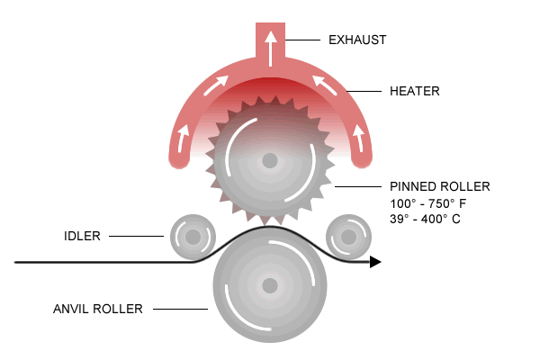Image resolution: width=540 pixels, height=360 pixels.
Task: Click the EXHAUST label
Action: pos(357,40)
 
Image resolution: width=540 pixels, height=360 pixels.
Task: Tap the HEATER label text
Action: pos(414,91)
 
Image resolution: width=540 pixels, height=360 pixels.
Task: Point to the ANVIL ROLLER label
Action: pos(98,309)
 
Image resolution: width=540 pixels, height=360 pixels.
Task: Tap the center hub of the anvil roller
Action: pos(269,286)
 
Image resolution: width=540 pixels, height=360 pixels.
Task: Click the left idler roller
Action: pos(191,237)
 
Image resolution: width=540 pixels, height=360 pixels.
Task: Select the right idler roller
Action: pos(346,237)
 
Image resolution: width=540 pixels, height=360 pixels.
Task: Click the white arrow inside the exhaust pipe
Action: pos(269,42)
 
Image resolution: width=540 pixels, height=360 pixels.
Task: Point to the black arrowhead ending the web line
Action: pos(375,262)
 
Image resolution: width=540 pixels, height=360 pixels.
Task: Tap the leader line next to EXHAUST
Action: pos(303,40)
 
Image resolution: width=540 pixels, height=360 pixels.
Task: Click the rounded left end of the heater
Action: pos(180,157)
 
